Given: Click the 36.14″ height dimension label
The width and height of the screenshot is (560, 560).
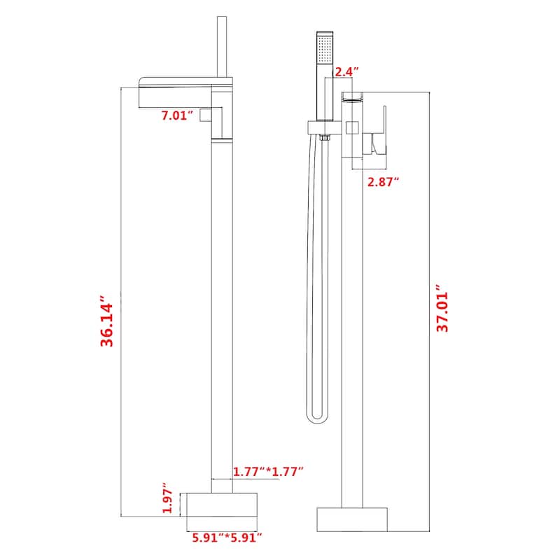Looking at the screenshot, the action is [107, 321].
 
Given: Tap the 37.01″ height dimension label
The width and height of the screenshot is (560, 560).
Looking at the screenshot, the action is [442, 308].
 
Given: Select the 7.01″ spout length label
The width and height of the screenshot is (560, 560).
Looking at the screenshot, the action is [177, 115].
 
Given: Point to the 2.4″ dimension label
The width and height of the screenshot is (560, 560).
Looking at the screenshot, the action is [346, 71].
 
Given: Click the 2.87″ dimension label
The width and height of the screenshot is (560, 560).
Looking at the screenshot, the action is [383, 182].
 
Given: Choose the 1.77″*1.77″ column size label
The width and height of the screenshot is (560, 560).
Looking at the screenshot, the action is [268, 471].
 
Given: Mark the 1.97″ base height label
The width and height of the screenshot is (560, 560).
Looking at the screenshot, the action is [167, 498].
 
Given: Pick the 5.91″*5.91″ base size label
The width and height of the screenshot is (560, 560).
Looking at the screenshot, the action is [227, 537].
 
